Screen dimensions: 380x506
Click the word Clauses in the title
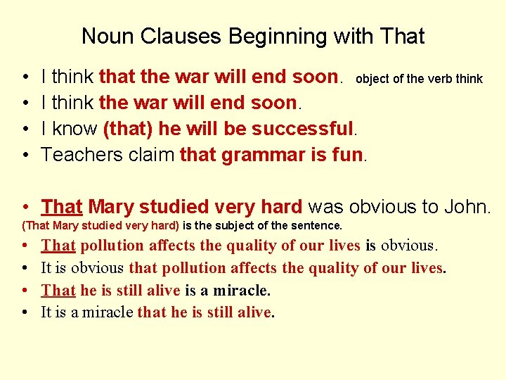point(177,36)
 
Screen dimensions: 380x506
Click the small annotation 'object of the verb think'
point(419,79)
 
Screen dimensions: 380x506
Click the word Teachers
point(80,154)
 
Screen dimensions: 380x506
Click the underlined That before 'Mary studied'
point(62,207)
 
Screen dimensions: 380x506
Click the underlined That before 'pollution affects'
point(58,246)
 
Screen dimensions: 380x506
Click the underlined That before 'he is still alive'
point(58,290)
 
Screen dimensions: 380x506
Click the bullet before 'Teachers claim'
point(25,155)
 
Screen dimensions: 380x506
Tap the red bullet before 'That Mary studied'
point(25,208)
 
